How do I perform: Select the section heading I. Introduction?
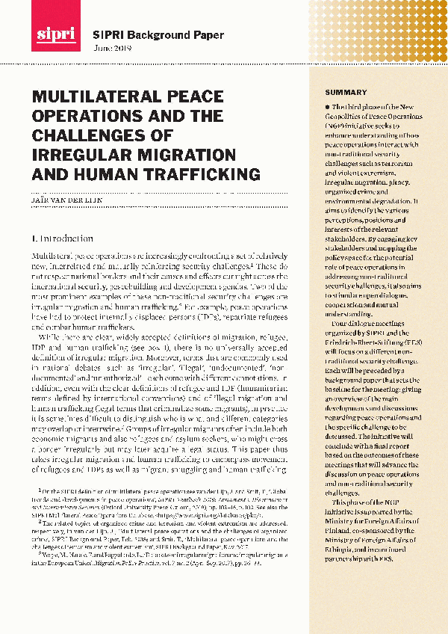62,239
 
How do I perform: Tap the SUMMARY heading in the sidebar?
345,92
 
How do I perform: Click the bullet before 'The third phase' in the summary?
327,109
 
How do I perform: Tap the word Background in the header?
153,34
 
